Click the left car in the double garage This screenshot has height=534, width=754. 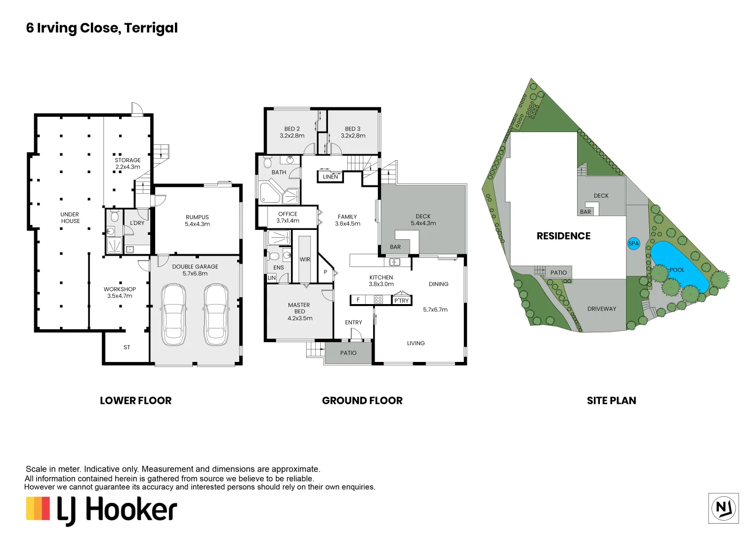173,314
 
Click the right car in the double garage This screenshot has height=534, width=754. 216,314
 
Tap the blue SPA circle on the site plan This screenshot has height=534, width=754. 633,243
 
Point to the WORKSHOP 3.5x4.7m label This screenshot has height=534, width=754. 120,293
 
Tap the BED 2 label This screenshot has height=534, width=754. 292,132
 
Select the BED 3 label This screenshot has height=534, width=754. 353,132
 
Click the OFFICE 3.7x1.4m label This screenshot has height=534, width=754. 288,218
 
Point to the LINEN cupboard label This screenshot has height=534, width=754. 331,177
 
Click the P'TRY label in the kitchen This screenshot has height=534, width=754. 401,301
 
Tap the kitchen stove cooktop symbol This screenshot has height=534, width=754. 378,300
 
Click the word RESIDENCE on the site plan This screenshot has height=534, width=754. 563,236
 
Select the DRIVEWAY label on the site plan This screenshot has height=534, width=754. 601,309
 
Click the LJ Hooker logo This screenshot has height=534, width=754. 101,510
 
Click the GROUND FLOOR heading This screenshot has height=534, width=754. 362,401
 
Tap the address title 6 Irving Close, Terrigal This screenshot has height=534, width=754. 102,28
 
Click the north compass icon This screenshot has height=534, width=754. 723,508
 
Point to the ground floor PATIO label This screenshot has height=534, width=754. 348,353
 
